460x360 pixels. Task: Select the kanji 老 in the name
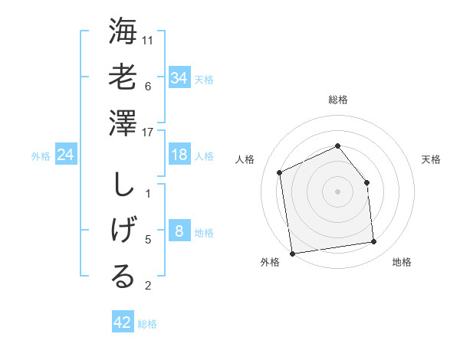(123, 77)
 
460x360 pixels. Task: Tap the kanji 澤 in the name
(123, 123)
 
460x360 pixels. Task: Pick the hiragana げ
(123, 231)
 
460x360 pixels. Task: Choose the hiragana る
(123, 277)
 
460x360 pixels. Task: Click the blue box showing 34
(179, 78)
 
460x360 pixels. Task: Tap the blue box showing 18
(179, 155)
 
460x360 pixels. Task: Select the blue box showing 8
(179, 232)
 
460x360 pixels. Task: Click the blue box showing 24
(66, 155)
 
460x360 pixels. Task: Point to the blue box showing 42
(123, 322)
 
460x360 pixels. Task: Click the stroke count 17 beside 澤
(149, 132)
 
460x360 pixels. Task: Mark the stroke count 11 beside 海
(149, 41)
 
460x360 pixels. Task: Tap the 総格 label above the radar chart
(337, 100)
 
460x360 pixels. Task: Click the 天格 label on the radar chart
(431, 159)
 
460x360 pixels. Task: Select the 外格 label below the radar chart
(270, 263)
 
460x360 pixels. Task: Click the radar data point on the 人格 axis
(280, 172)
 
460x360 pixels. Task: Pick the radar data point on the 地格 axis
(374, 242)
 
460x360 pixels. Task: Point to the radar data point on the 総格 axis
(337, 146)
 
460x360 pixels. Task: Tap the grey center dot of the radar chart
(337, 191)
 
